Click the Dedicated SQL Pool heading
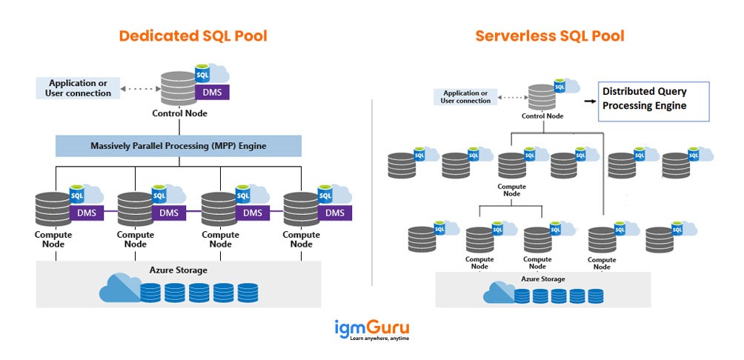193,36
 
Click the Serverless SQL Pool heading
550,36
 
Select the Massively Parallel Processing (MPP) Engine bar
179,146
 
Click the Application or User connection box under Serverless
465,97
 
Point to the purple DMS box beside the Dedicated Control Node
211,93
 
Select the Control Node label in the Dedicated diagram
179,113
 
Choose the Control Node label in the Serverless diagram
543,116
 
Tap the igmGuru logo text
371,327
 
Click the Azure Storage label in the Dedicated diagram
179,270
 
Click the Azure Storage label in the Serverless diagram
542,279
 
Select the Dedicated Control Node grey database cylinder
176,88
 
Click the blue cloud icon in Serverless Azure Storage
499,293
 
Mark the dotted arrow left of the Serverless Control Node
511,97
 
